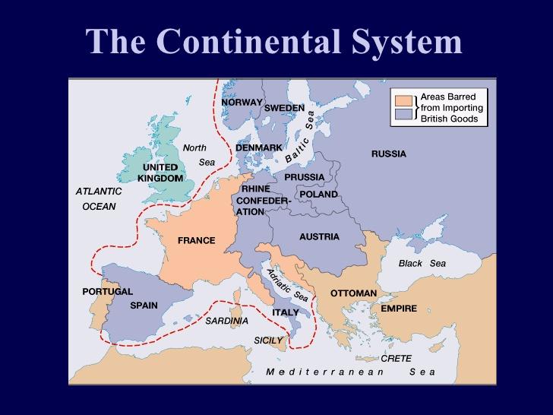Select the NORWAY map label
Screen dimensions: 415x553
(242, 102)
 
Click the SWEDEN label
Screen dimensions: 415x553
(284, 108)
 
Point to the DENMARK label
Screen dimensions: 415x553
(258, 147)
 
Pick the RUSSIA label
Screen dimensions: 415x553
(388, 154)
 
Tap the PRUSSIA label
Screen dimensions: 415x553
(304, 177)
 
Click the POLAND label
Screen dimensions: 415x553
(318, 194)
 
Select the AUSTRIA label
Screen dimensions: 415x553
(319, 236)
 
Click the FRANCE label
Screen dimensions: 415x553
(196, 241)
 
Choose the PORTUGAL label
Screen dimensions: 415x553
(107, 291)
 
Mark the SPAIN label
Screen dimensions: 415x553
(144, 306)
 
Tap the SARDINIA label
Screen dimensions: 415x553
(226, 320)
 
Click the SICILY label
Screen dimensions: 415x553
(267, 340)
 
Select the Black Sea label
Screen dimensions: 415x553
(422, 263)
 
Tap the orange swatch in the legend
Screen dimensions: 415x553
(403, 100)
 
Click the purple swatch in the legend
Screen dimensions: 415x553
(403, 114)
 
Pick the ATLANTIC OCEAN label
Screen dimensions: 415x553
(99, 198)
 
